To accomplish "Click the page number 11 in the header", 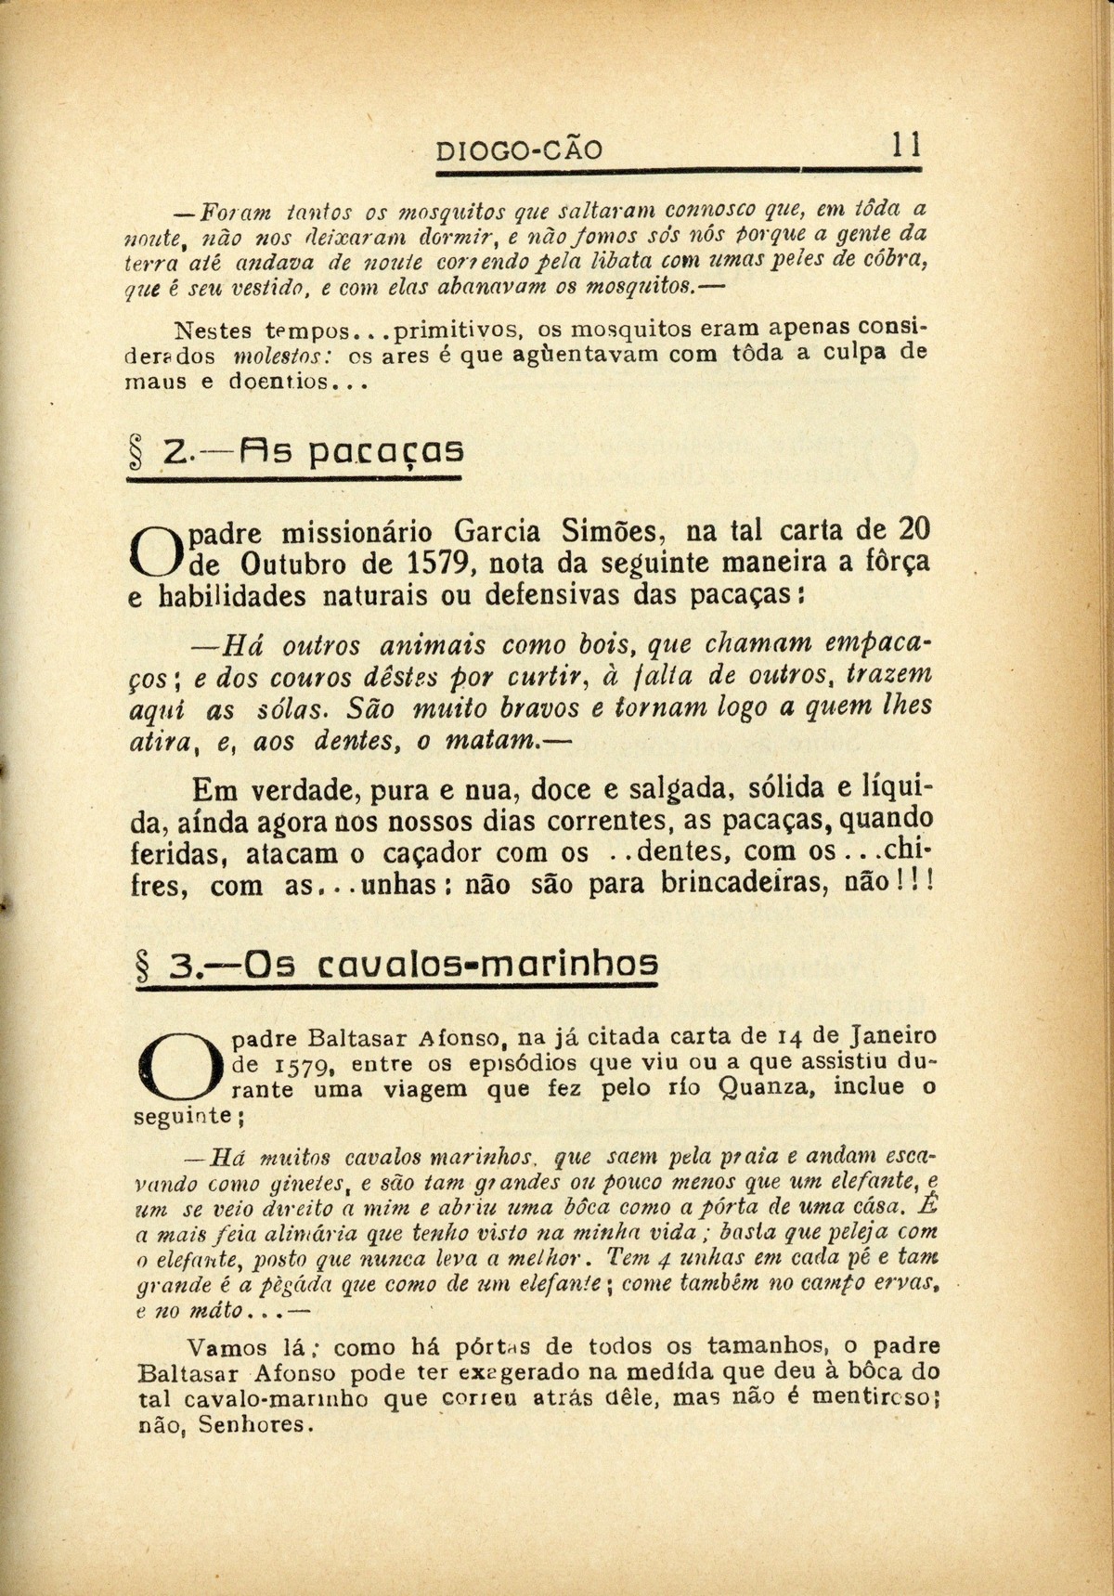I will (904, 146).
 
